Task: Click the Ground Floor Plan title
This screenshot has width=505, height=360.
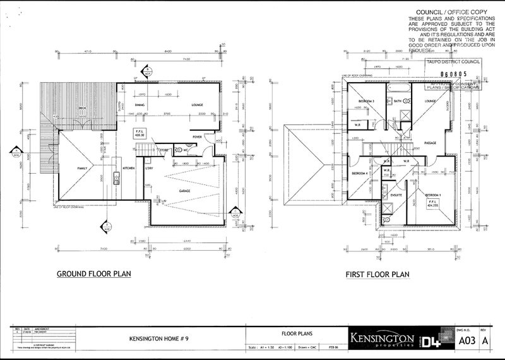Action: tap(93, 274)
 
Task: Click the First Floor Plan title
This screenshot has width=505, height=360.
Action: tap(377, 274)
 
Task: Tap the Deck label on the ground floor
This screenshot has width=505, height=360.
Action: tap(82, 109)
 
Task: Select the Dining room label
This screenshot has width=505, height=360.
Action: tap(140, 105)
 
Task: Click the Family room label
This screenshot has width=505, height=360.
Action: tap(82, 169)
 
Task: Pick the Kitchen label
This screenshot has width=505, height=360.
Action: tap(129, 169)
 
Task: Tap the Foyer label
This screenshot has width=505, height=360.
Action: tap(197, 136)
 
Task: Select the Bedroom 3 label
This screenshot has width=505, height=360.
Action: tap(367, 101)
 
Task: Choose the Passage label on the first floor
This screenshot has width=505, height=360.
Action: tap(431, 142)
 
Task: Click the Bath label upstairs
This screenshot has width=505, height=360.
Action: tap(398, 101)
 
